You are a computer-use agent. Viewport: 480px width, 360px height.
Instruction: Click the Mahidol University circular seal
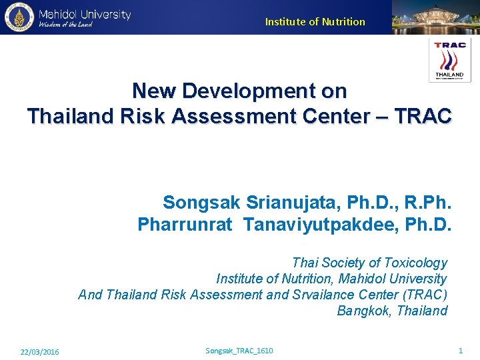[x=18, y=17]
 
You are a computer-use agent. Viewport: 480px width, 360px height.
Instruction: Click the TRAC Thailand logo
[x=450, y=60]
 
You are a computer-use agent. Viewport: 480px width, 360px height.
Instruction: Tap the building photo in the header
[x=435, y=17]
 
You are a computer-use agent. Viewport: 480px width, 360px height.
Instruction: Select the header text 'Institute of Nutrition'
[x=315, y=21]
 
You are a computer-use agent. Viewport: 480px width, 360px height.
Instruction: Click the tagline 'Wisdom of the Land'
[x=65, y=25]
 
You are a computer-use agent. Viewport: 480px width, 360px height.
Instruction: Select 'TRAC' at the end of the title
[x=423, y=116]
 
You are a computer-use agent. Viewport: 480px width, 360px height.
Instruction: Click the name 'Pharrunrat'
[x=185, y=225]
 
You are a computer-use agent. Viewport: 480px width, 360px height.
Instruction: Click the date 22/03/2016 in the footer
[x=39, y=351]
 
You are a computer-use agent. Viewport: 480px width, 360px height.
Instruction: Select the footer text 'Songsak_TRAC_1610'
[x=239, y=351]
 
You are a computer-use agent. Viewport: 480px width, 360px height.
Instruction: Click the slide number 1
[x=460, y=351]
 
